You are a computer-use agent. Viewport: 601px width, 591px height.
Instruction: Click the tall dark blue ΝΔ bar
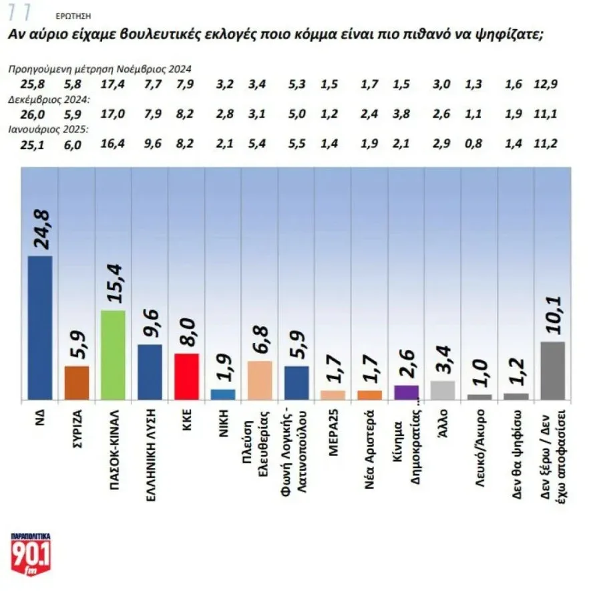pyautogui.click(x=41, y=328)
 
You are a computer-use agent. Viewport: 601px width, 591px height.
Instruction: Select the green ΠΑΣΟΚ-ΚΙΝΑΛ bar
pyautogui.click(x=113, y=355)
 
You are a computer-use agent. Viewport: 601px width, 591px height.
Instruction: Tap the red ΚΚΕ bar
pyautogui.click(x=186, y=376)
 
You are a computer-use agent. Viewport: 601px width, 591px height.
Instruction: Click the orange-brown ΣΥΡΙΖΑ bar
pyautogui.click(x=77, y=382)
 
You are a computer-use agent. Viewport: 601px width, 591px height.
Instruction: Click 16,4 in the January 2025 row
pyautogui.click(x=111, y=144)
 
